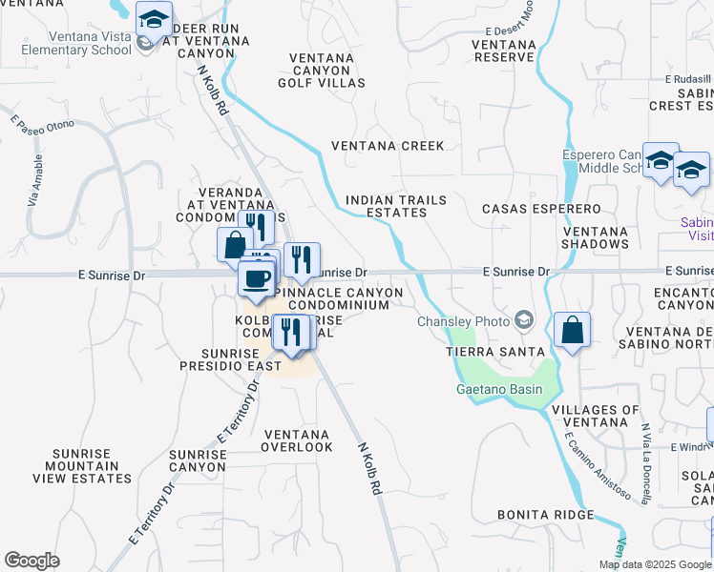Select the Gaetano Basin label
(x=499, y=389)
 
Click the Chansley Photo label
(x=463, y=321)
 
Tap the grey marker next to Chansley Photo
(x=523, y=320)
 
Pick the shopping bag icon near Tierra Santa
(x=572, y=331)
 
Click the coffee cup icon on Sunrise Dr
(x=255, y=279)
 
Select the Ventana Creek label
(x=388, y=146)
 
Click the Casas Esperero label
(x=541, y=208)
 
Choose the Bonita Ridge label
(x=546, y=515)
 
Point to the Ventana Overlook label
(x=298, y=440)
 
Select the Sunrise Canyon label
(x=198, y=461)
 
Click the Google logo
(x=31, y=560)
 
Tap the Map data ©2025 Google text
(x=654, y=564)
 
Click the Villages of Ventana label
(x=596, y=417)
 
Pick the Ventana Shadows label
(x=596, y=237)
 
